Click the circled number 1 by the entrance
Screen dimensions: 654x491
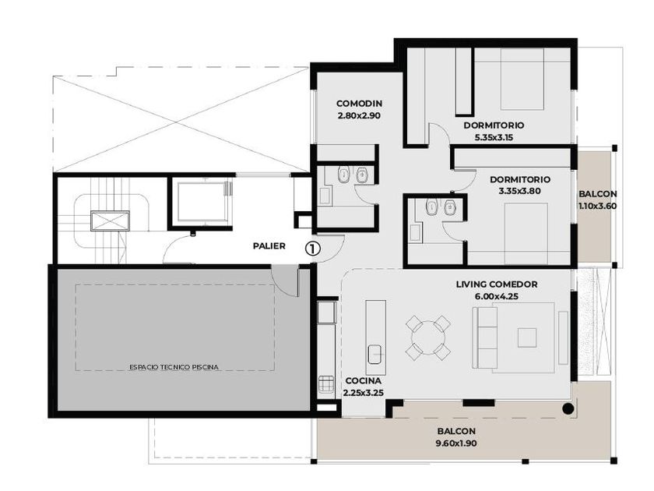313,249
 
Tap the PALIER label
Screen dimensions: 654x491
269,246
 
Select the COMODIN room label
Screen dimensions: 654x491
359,104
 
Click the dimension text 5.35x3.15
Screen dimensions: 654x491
494,137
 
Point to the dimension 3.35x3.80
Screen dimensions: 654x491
520,191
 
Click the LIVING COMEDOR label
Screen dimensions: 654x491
497,284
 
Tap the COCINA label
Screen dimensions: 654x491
364,381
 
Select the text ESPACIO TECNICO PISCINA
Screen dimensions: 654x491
174,367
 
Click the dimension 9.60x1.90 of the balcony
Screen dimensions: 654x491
456,443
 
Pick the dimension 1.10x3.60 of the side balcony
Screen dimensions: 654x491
597,206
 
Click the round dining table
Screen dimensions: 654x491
428,337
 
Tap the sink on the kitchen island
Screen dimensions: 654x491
376,354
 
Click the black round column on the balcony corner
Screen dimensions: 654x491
568,408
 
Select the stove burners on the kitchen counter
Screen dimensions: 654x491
326,383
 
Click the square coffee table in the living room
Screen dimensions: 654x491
527,337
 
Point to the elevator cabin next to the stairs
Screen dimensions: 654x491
202,202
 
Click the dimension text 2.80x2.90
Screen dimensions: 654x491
359,115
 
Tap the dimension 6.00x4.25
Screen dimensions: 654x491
497,296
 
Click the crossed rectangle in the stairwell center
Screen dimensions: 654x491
110,221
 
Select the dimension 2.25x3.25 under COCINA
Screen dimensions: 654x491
364,393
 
